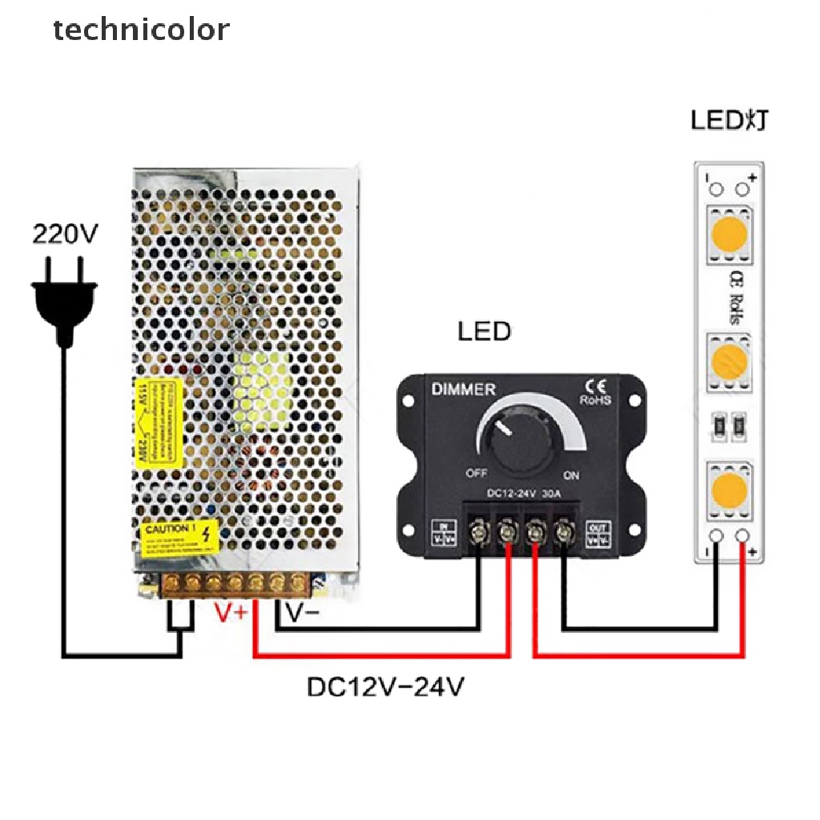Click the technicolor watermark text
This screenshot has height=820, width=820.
coord(141,30)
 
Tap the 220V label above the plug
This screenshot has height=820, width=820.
coord(65,234)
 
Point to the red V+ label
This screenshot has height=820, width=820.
coord(231,614)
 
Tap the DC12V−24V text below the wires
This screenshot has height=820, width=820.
coord(385,687)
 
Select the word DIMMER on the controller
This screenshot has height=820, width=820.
coord(464,390)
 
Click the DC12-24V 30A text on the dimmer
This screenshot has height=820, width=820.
coord(524,493)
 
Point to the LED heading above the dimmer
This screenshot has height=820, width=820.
coord(484,332)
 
